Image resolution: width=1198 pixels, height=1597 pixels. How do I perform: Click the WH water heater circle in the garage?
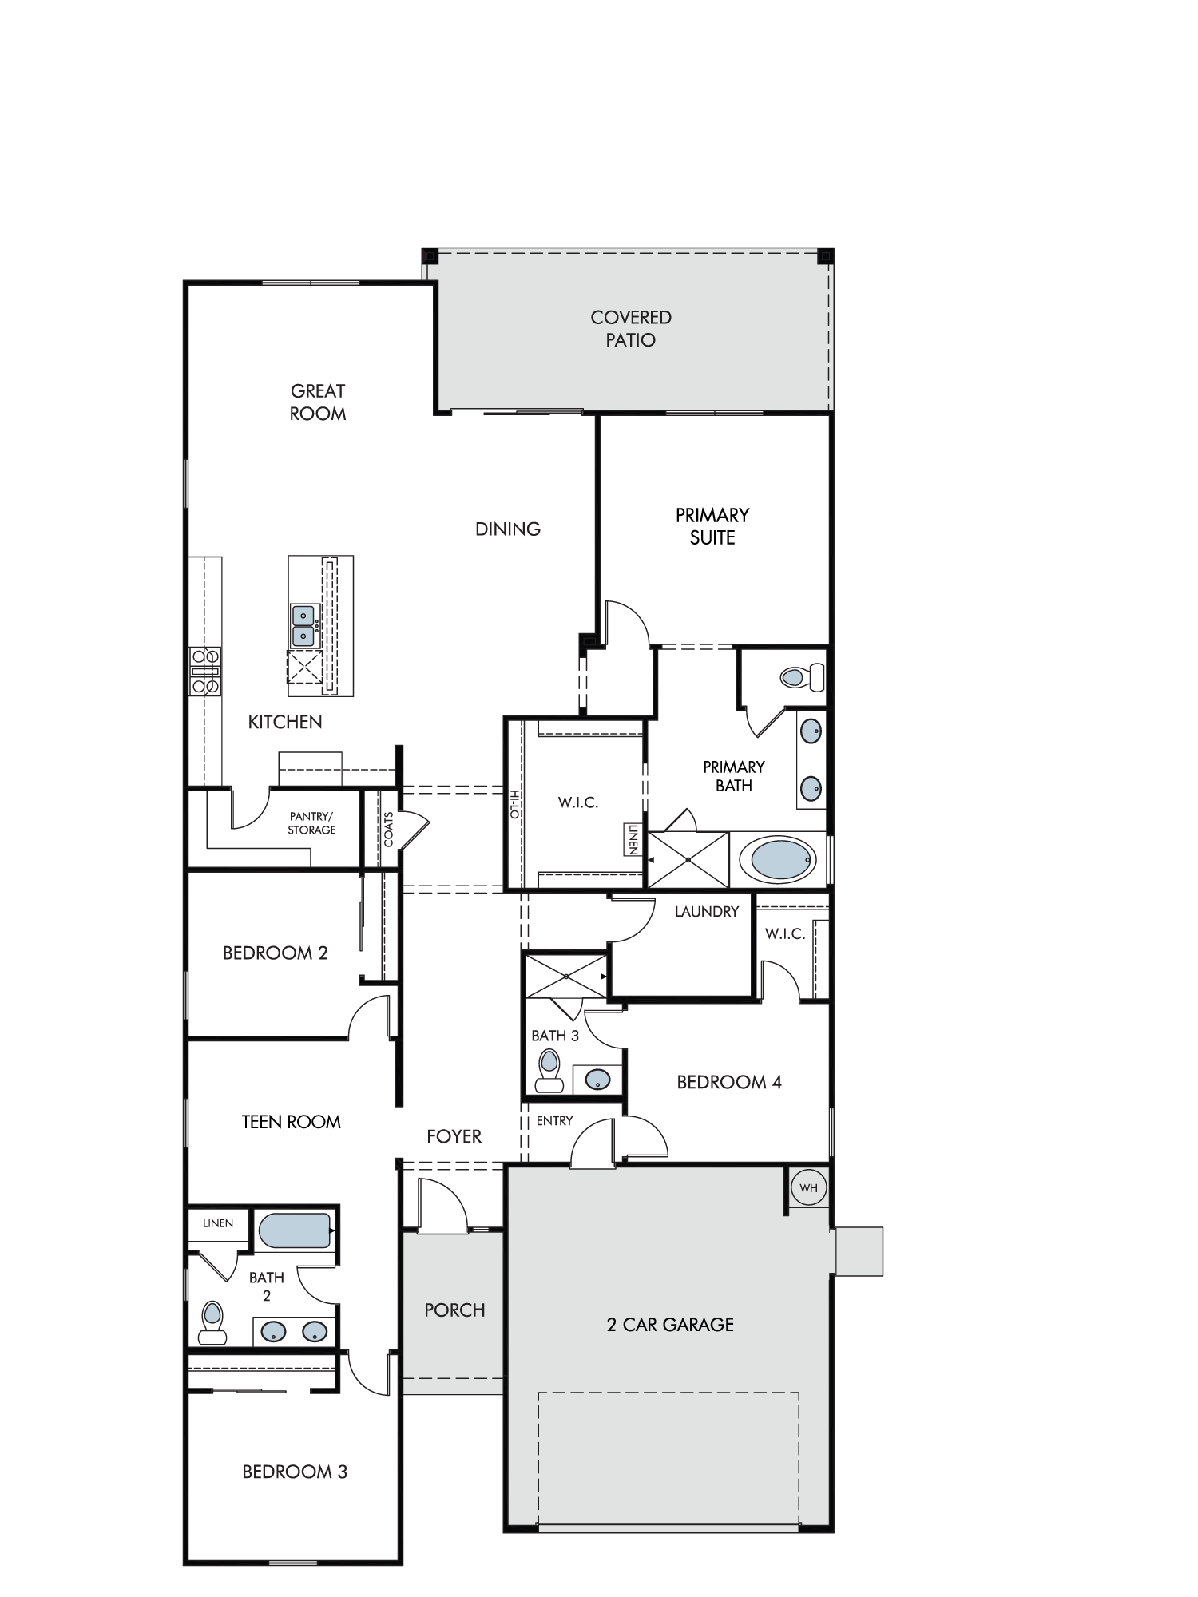(x=808, y=1188)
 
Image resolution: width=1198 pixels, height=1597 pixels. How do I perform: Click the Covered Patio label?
(x=631, y=329)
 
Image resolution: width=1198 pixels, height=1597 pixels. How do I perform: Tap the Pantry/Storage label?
(x=312, y=823)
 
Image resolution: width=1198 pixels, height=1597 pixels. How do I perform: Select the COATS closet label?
(x=389, y=830)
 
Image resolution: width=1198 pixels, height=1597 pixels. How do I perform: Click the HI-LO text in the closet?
(x=515, y=804)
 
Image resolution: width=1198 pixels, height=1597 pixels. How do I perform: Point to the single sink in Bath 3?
(x=597, y=1080)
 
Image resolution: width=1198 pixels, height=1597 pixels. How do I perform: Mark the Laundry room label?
(x=707, y=911)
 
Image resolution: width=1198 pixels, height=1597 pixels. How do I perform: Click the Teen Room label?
(x=292, y=1122)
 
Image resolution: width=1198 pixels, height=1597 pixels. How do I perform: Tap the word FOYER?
(x=454, y=1136)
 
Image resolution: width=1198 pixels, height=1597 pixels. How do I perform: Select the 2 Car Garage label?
(x=670, y=1325)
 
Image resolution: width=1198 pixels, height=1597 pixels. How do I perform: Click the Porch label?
(x=455, y=1310)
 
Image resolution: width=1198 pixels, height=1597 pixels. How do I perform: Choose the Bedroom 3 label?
(x=296, y=1472)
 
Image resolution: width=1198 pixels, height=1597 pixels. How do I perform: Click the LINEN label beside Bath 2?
(x=218, y=1223)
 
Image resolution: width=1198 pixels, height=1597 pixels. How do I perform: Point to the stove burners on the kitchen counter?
(x=205, y=671)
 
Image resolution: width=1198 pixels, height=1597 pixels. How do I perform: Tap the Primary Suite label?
(x=712, y=526)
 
